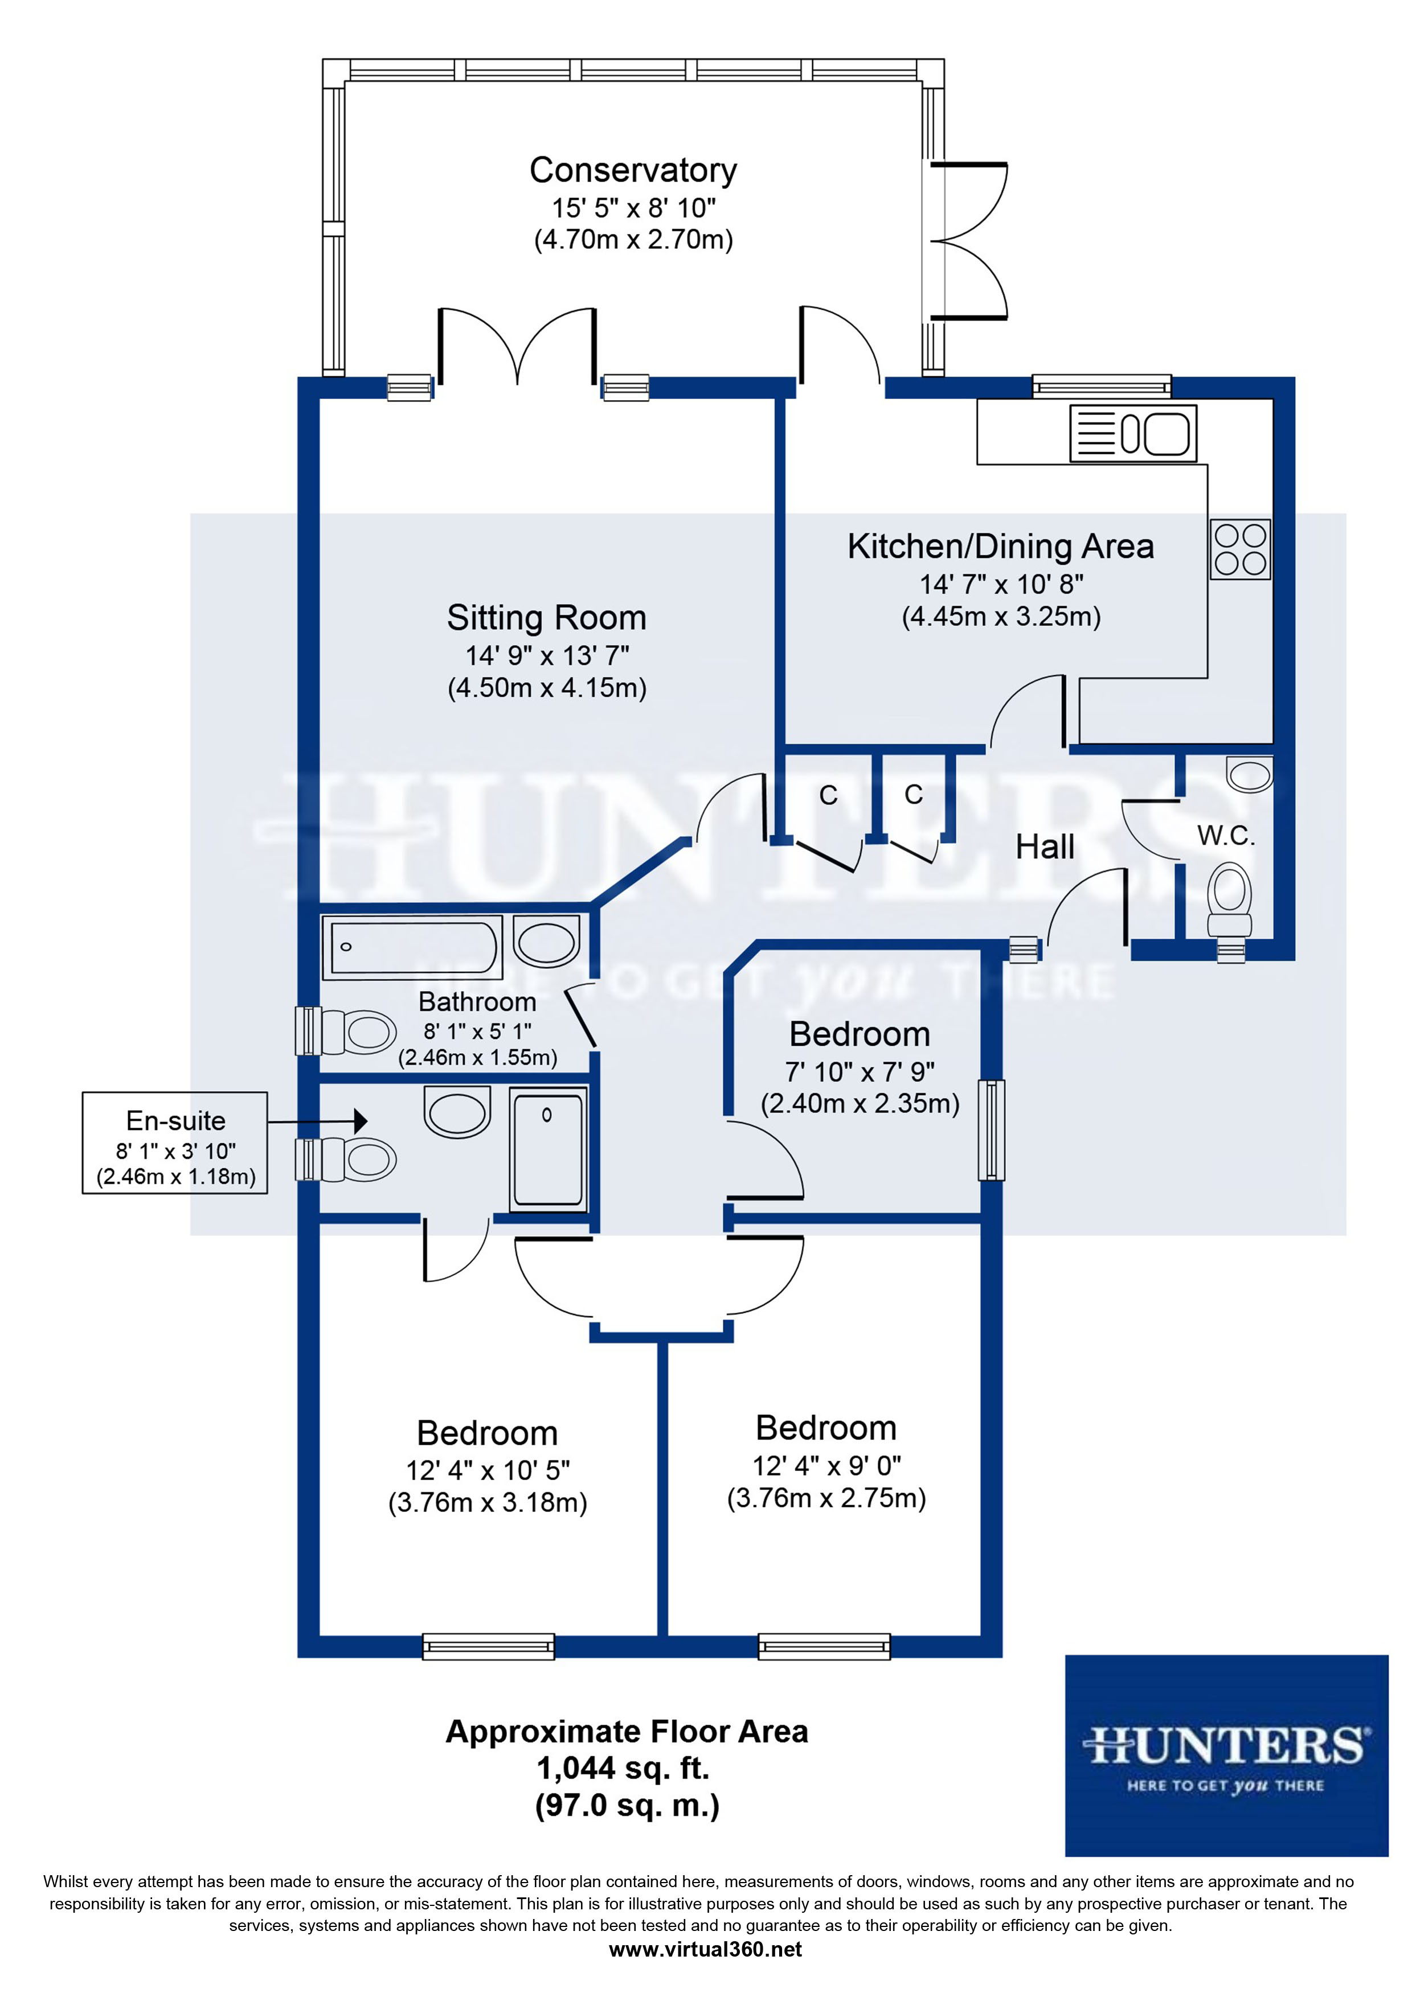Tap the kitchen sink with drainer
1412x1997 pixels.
tap(1133, 433)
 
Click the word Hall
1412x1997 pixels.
tap(1045, 847)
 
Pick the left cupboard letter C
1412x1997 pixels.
tap(828, 795)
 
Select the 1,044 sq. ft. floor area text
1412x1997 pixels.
tap(623, 1768)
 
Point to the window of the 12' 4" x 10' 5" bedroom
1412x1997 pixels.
tap(488, 1646)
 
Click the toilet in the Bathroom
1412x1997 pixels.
tap(360, 1033)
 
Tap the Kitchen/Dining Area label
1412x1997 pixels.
tap(1001, 546)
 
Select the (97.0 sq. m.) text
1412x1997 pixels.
tap(627, 1806)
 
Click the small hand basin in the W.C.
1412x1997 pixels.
tap(1249, 774)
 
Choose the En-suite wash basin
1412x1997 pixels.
tap(457, 1112)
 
